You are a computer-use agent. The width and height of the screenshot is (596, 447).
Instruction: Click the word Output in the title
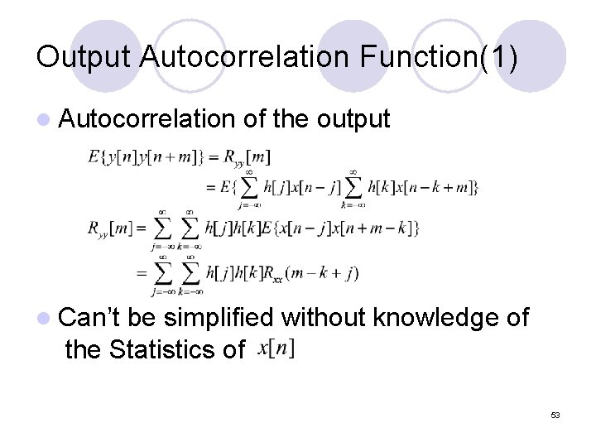83,56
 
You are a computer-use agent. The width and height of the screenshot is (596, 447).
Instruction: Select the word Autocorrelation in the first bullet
148,120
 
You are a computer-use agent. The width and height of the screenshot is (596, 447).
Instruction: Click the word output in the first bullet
353,120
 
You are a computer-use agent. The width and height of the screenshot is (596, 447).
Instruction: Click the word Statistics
168,349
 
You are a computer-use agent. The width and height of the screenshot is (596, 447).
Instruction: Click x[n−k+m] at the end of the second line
436,187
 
